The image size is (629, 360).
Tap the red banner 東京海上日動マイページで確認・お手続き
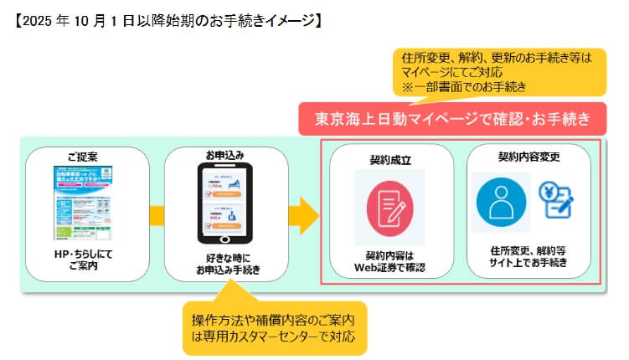(452, 119)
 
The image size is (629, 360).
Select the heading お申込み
(224, 155)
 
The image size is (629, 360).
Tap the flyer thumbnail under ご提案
(87, 203)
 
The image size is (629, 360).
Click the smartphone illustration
(225, 203)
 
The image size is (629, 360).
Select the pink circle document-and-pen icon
(389, 206)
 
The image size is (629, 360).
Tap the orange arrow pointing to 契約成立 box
(302, 216)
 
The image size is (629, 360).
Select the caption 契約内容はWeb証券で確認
(389, 262)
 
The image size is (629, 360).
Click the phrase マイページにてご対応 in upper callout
(456, 73)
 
